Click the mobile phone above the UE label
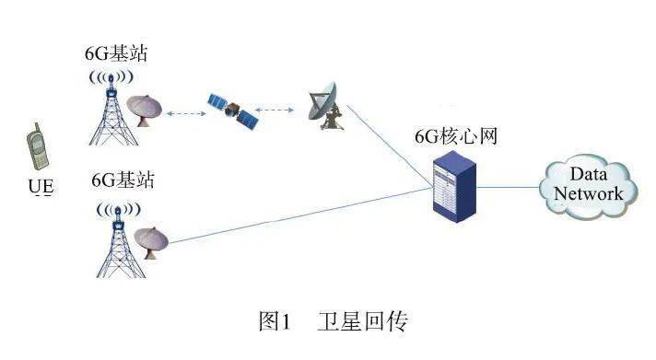tap(37, 146)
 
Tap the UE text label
tap(41, 186)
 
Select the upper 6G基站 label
tap(116, 53)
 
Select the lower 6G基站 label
tap(123, 180)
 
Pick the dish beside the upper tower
tap(144, 110)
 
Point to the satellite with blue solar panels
tap(233, 110)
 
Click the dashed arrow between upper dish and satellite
tap(186, 113)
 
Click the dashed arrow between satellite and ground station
tap(275, 110)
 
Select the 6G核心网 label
tap(455, 136)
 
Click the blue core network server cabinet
tap(454, 187)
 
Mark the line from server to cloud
tap(508, 187)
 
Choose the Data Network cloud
tap(588, 187)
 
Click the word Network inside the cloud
tap(588, 193)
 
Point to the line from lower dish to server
tap(300, 215)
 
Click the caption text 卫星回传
tap(362, 321)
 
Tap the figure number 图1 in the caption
tap(275, 321)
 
